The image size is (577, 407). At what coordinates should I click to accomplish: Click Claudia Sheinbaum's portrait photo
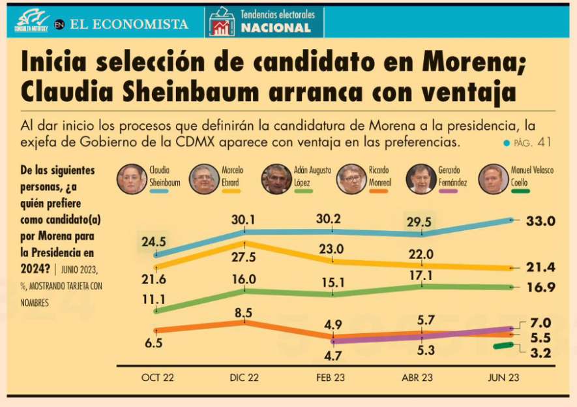(132, 179)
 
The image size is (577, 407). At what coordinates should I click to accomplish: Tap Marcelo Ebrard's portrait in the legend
(204, 179)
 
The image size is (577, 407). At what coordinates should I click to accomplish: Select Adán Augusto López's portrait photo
(276, 179)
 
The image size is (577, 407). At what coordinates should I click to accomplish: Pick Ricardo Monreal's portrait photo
(352, 179)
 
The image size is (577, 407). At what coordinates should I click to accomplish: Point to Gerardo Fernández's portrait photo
(421, 179)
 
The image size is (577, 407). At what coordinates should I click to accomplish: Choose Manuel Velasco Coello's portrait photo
(494, 179)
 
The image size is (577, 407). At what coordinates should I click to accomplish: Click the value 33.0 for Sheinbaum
(540, 221)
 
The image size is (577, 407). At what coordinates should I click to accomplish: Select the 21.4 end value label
(540, 268)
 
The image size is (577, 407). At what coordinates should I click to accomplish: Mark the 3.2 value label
(540, 354)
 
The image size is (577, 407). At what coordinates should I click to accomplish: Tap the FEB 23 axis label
(332, 378)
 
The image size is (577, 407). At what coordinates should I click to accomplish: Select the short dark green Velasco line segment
(504, 346)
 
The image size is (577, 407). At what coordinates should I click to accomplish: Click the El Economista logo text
(129, 24)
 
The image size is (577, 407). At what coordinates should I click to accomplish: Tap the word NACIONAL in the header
(276, 28)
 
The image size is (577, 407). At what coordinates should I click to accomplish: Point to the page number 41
(545, 142)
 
